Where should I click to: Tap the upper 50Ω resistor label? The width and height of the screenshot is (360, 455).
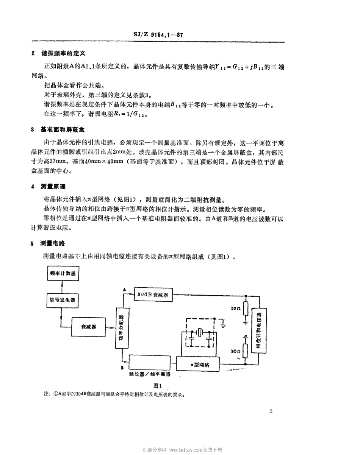click(235, 308)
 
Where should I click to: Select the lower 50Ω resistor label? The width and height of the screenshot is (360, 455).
click(235, 351)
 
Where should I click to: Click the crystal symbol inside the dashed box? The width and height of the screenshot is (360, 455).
click(200, 333)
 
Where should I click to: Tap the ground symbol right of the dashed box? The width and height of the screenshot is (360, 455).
click(224, 324)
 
